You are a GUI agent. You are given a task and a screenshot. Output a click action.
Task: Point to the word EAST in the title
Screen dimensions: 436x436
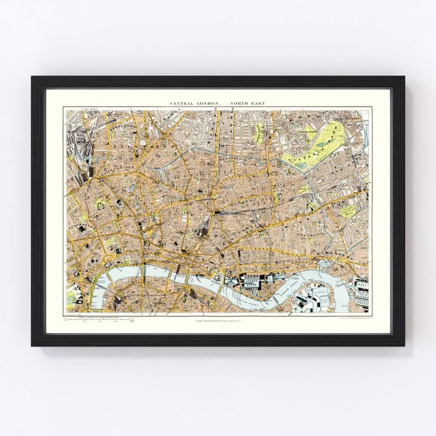tap(259, 104)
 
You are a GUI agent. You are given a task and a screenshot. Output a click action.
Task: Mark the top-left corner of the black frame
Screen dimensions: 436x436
tap(32, 77)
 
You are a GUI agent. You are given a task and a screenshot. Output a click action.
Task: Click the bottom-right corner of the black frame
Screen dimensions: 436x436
tap(404, 345)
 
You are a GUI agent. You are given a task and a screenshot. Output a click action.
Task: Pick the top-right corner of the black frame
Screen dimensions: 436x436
tap(404, 77)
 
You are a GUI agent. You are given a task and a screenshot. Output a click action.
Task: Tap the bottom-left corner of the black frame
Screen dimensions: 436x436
tap(32, 345)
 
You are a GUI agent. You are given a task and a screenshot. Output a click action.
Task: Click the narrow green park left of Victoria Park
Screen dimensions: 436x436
tap(260, 133)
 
